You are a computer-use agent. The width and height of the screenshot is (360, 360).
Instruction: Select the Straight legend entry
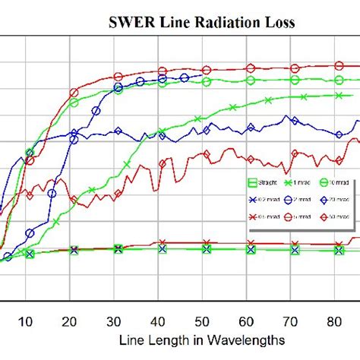262,182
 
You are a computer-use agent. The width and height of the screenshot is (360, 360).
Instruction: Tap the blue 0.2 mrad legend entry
262,200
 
